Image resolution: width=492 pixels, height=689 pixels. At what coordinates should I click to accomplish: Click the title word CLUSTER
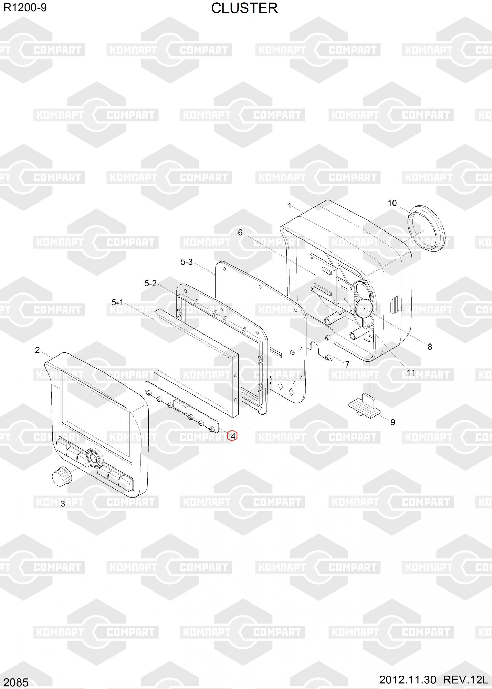point(244,9)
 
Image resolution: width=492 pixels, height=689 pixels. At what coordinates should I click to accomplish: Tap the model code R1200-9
point(25,8)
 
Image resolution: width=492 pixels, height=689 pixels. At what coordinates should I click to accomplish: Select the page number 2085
point(16,682)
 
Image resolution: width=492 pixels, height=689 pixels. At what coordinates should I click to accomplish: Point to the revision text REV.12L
point(465,680)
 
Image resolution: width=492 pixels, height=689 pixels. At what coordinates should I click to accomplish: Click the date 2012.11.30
point(407,680)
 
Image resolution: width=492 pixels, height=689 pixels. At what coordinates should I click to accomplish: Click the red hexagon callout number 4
point(233,436)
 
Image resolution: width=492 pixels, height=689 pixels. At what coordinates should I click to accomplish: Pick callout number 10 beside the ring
point(392,203)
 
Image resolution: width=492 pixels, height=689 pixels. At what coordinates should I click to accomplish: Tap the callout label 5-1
point(117,302)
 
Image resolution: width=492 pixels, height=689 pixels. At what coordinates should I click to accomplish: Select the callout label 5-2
point(150,283)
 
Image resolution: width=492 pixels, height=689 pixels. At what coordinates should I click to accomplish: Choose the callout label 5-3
point(187,262)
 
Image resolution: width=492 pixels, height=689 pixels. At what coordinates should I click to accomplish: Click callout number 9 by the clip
point(393,422)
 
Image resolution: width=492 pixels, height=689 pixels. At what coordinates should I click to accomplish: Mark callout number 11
point(411,373)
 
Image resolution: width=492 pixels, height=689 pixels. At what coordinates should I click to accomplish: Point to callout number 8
point(430,347)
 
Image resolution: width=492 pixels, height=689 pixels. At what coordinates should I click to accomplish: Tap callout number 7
point(347,364)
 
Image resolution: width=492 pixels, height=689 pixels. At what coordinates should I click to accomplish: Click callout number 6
point(240,233)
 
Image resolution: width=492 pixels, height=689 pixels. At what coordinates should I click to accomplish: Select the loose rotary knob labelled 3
point(61,477)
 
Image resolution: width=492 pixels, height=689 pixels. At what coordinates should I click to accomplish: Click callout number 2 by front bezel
point(38,350)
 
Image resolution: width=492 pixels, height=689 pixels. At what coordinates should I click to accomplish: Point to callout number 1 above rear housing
point(290,206)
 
